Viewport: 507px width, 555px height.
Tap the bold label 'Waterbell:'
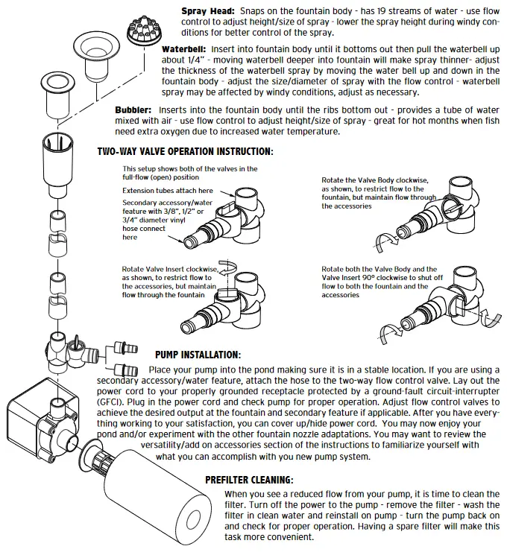(186, 47)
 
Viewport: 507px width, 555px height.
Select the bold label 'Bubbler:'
(133, 110)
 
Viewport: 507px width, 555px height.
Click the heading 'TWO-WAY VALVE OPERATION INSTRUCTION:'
(185, 151)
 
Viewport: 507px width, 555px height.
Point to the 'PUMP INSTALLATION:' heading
(198, 355)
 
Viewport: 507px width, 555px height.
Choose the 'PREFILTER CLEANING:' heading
(249, 480)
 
